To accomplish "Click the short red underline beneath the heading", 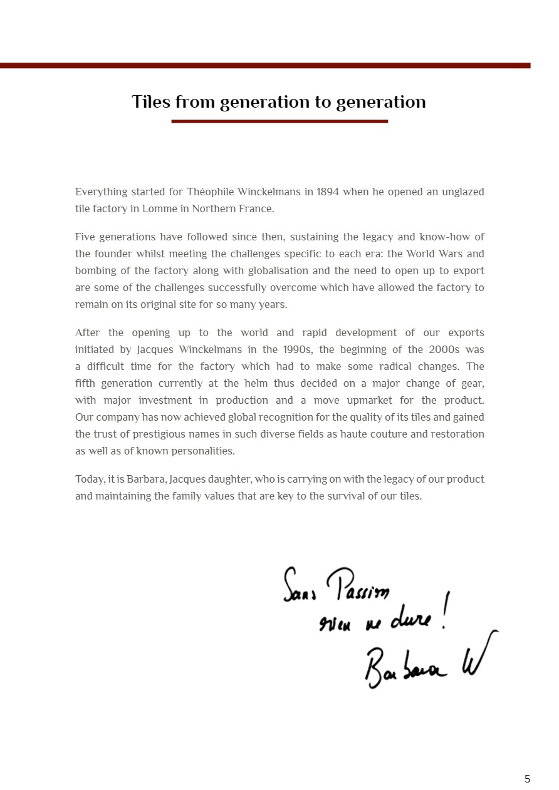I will tap(279, 121).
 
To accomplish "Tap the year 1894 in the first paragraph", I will tap(328, 192).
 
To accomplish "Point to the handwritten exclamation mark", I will tap(444, 610).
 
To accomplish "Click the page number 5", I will tap(527, 779).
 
